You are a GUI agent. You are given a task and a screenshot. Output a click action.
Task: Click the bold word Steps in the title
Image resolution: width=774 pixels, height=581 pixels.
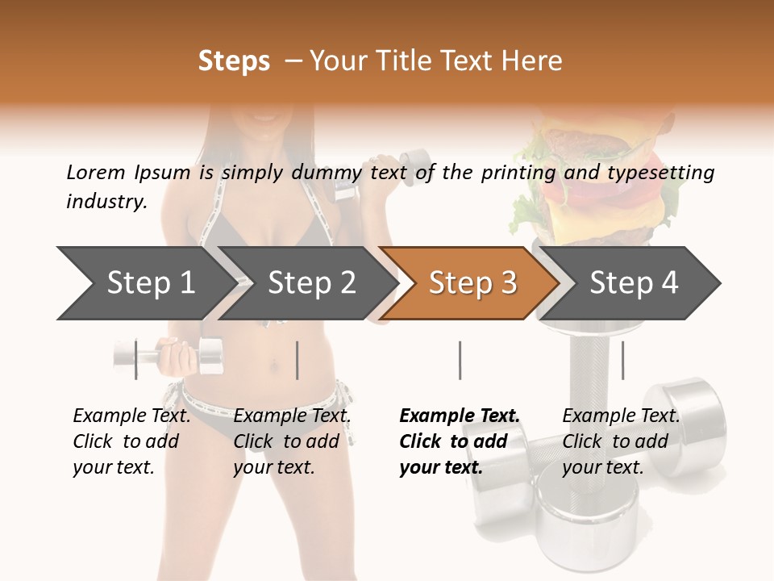(234, 61)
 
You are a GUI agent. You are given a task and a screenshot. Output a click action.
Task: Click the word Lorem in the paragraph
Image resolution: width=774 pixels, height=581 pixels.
(95, 172)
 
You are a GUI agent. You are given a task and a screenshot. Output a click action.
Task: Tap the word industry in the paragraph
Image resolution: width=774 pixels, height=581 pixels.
(105, 202)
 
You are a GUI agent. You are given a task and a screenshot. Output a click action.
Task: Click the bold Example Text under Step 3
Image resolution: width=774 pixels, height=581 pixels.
(460, 416)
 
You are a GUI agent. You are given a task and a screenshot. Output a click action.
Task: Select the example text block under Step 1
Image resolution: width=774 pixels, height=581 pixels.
(131, 441)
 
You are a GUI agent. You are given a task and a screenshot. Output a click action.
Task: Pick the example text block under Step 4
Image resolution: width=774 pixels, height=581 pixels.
(620, 441)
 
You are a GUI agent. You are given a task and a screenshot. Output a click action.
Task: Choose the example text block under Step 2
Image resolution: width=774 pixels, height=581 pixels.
(291, 441)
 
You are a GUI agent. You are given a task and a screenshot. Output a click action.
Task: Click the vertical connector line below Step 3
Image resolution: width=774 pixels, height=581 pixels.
(460, 360)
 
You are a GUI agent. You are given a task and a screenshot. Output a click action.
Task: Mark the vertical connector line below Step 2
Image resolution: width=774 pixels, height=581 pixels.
(298, 360)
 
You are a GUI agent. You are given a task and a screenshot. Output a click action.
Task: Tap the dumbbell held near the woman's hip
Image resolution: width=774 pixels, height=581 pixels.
(169, 356)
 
